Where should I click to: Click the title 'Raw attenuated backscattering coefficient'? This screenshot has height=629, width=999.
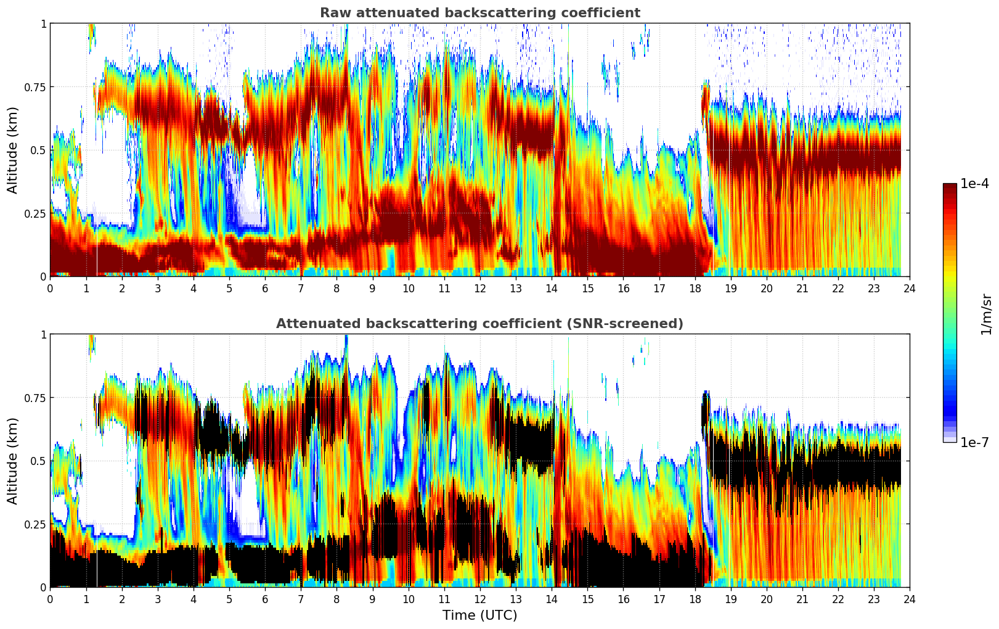pos(479,13)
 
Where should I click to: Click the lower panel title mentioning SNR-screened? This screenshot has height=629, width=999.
pos(479,324)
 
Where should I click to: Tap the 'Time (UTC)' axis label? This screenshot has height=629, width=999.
pos(479,615)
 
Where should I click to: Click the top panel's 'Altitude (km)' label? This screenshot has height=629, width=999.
pos(13,150)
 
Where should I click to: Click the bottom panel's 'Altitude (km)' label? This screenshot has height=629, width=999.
pos(13,461)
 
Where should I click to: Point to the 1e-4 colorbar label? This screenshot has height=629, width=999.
pos(974,184)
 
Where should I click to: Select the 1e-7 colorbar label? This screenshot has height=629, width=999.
pos(974,442)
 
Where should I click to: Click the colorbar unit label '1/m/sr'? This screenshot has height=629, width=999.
pos(986,314)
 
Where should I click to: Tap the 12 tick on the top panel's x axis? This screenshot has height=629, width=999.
pos(480,288)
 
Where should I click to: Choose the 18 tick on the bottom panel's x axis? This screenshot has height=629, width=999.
pos(695,599)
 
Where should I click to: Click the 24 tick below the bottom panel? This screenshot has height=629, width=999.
pos(910,599)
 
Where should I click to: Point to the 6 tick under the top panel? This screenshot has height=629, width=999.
pos(265,288)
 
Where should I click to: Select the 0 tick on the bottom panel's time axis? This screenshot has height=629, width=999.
pos(51,599)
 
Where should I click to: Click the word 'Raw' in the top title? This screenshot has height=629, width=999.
pos(332,13)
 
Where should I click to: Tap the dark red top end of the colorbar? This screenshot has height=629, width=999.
pos(950,186)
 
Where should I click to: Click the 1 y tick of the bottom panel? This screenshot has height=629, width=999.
pos(43,335)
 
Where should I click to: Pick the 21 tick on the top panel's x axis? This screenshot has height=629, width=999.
pos(802,288)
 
